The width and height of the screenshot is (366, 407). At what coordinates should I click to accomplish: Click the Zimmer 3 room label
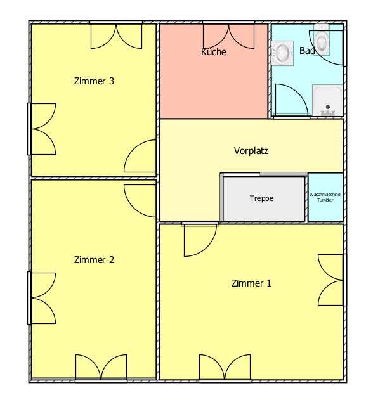(x=94, y=81)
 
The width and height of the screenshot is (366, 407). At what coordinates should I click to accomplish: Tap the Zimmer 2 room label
(x=94, y=260)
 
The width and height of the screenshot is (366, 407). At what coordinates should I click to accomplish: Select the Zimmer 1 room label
(x=251, y=283)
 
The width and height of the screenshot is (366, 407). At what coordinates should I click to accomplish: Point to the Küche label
(x=214, y=51)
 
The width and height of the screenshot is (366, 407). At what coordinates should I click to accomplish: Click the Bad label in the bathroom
(x=307, y=50)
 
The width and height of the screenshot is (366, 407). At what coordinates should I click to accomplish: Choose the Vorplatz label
(x=251, y=151)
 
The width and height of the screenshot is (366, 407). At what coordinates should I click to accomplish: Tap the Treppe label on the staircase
(x=262, y=198)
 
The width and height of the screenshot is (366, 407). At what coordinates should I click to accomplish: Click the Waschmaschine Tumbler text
(x=325, y=197)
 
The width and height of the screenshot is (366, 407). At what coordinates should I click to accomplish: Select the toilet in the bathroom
(x=322, y=40)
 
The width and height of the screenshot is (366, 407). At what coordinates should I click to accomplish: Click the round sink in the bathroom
(x=282, y=53)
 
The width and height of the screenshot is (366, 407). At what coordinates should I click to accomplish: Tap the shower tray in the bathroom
(x=328, y=100)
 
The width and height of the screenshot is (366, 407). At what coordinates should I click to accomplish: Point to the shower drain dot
(x=328, y=107)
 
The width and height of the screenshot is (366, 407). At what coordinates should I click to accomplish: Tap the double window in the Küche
(x=228, y=36)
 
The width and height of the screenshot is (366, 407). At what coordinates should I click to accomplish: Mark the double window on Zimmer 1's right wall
(x=330, y=280)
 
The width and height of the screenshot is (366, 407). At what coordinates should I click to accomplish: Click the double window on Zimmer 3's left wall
(x=43, y=129)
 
